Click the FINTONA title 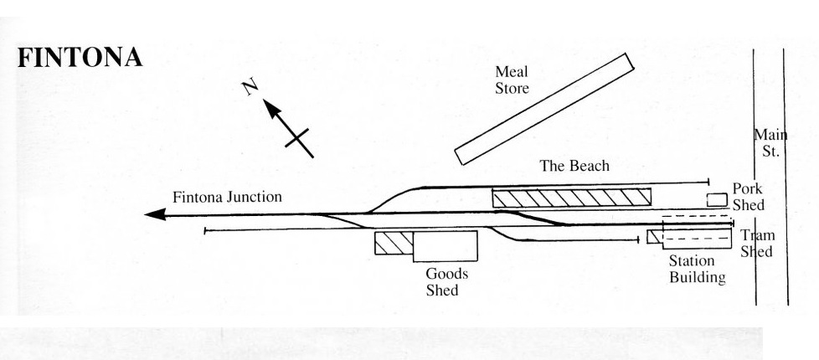pyautogui.click(x=80, y=59)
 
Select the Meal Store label pyautogui.click(x=512, y=80)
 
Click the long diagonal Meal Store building pyautogui.click(x=543, y=108)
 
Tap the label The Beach pyautogui.click(x=574, y=166)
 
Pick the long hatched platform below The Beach pyautogui.click(x=571, y=198)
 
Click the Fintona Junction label pyautogui.click(x=228, y=198)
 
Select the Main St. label pyautogui.click(x=768, y=143)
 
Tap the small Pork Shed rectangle pyautogui.click(x=716, y=199)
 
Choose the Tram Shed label pyautogui.click(x=756, y=244)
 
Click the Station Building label pyautogui.click(x=696, y=269)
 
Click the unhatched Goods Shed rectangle pyautogui.click(x=445, y=246)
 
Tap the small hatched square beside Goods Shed pyautogui.click(x=394, y=244)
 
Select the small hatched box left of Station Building pyautogui.click(x=653, y=237)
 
